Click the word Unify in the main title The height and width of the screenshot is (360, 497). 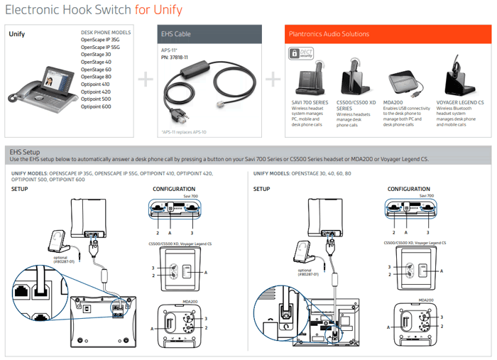point(168,10)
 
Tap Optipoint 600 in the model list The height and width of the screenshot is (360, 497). point(96,107)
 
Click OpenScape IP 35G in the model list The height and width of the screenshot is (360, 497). point(100,40)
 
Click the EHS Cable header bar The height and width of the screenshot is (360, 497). point(209,33)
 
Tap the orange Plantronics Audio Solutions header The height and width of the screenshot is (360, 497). point(387,33)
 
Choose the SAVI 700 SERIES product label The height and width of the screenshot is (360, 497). point(312,102)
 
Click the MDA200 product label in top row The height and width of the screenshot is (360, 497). point(393,102)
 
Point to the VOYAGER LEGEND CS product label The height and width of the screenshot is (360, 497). point(460,102)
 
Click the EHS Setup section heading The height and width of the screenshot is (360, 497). point(24,152)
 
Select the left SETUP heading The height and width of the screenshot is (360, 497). point(21,189)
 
